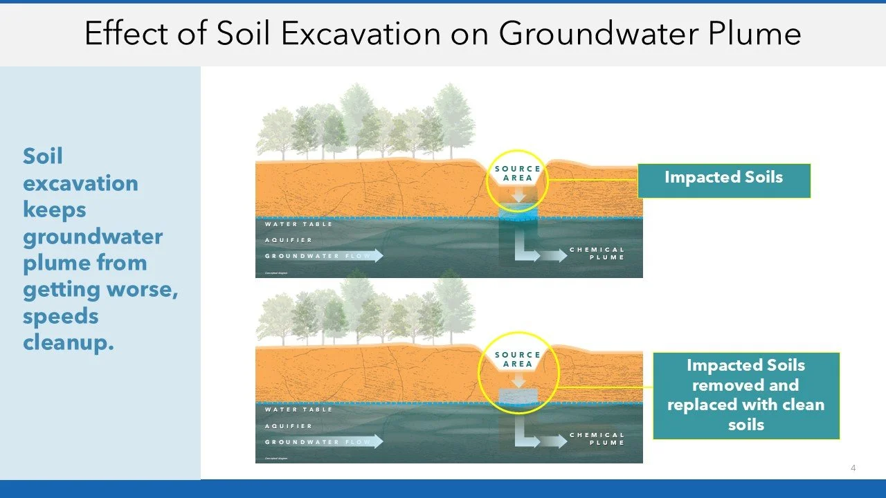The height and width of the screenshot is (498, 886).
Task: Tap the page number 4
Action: pyautogui.click(x=853, y=468)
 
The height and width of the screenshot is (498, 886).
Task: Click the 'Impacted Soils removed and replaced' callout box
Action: pyautogui.click(x=745, y=395)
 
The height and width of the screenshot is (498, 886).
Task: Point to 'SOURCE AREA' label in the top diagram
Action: pyautogui.click(x=518, y=174)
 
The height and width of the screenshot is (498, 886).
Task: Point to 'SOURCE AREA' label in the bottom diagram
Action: pyautogui.click(x=518, y=360)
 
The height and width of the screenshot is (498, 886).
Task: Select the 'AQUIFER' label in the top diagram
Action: pyautogui.click(x=289, y=240)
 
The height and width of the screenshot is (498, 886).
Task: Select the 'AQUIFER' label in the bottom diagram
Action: pyautogui.click(x=289, y=426)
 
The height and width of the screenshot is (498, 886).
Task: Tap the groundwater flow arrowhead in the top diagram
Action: pyautogui.click(x=376, y=256)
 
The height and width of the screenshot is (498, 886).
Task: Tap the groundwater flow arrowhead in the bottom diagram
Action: pyautogui.click(x=376, y=441)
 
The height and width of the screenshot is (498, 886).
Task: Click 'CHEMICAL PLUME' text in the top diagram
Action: pyautogui.click(x=597, y=253)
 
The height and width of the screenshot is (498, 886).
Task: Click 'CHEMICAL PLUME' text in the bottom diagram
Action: pyautogui.click(x=597, y=439)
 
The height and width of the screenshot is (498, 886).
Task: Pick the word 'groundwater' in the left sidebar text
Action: pyautogui.click(x=93, y=237)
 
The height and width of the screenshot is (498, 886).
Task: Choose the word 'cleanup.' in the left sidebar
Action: pyautogui.click(x=68, y=342)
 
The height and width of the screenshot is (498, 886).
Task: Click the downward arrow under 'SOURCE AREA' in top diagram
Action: pyautogui.click(x=518, y=195)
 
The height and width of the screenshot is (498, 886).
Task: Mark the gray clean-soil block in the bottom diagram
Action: pyautogui.click(x=518, y=396)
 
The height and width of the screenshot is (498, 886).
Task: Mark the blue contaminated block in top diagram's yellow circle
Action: pyautogui.click(x=518, y=210)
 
